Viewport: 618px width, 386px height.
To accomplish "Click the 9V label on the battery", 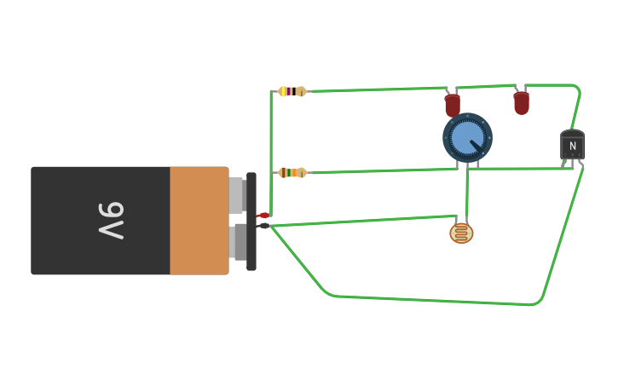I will click(112, 221).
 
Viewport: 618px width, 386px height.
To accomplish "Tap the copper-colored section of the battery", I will click(199, 221).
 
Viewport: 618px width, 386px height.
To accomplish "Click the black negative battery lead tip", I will click(263, 226).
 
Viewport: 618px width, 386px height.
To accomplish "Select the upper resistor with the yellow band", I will click(292, 91).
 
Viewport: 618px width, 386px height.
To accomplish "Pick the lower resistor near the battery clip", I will click(292, 173).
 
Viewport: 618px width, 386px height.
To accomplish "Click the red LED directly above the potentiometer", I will click(453, 106).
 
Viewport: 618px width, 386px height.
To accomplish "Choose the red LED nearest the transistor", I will click(522, 103).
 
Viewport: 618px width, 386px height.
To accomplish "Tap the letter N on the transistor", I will click(572, 147).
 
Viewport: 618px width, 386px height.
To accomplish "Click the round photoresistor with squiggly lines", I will click(461, 233).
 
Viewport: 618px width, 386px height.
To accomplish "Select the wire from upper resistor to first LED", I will click(375, 89).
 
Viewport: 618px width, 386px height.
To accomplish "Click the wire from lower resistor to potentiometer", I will click(384, 171).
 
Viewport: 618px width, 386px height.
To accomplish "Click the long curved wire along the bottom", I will click(426, 300).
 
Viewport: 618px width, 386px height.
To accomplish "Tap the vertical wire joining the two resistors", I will click(271, 132).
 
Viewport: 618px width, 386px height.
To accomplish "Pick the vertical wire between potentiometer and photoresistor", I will click(466, 192).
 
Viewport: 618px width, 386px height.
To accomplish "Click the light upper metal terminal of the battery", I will click(236, 195).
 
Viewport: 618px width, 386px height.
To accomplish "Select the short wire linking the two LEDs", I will click(486, 86).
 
